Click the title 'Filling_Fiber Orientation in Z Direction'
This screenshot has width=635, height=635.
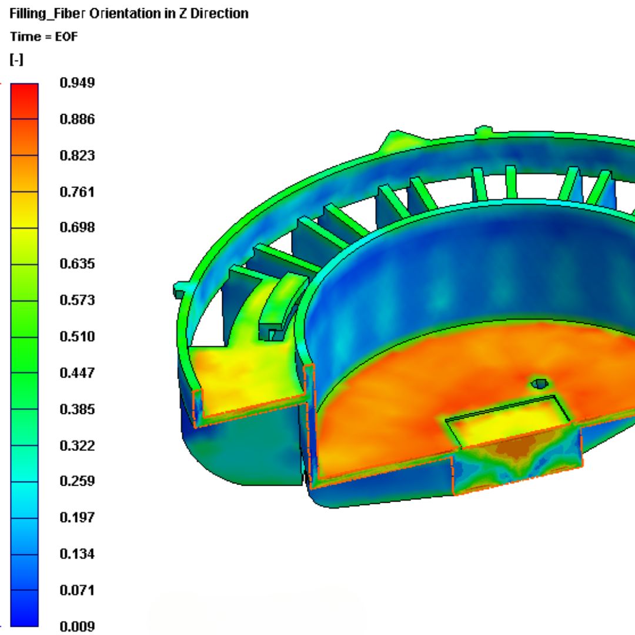(x=129, y=13)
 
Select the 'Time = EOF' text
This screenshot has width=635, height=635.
(x=44, y=36)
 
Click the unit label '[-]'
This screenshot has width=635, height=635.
(x=16, y=59)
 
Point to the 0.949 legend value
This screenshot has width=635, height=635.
(x=77, y=83)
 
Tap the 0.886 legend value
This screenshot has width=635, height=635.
(x=77, y=119)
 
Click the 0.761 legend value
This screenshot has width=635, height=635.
(x=77, y=192)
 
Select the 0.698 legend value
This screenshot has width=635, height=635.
(x=77, y=228)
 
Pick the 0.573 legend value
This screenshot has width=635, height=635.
(x=77, y=300)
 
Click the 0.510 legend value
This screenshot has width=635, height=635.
(x=77, y=336)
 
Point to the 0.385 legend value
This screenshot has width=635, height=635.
(x=77, y=409)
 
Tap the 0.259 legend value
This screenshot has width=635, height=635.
(x=77, y=481)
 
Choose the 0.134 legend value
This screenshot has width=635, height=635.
(x=77, y=553)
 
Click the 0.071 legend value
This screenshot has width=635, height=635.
(x=77, y=590)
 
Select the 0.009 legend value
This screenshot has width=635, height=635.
(x=77, y=626)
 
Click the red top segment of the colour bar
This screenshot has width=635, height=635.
(x=24, y=101)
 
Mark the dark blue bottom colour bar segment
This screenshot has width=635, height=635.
(x=24, y=609)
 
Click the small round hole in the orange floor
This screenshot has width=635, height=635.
(x=539, y=384)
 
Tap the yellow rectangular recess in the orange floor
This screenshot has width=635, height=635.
(x=509, y=419)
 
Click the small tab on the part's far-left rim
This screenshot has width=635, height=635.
(x=181, y=289)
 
